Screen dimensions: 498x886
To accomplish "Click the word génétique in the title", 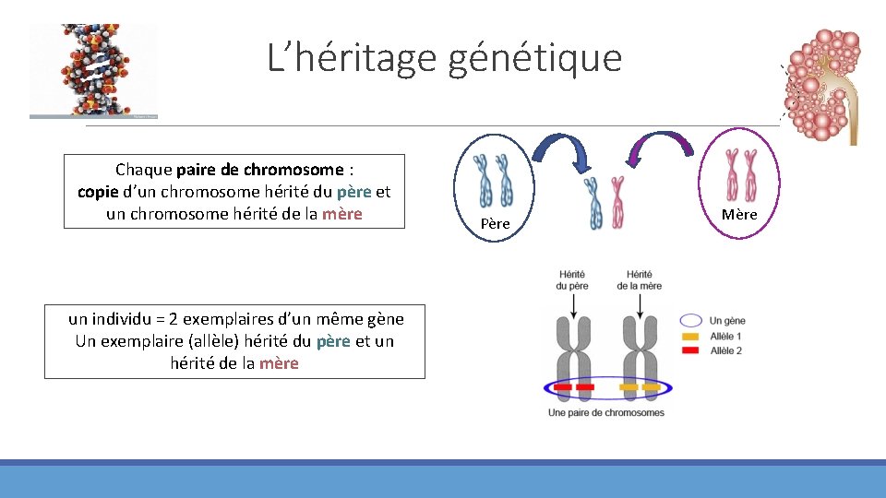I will tap(535, 58).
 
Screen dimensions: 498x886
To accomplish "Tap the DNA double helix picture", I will tap(92, 71).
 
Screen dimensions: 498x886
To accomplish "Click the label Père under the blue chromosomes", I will tap(495, 224).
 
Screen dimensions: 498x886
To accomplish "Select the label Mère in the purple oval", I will tap(739, 215).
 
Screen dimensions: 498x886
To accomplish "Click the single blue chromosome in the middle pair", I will tap(596, 203).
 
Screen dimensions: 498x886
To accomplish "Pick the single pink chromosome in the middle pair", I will tap(617, 203).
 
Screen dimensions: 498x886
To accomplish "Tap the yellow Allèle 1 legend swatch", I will tap(691, 337).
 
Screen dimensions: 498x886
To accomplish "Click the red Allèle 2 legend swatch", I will tap(691, 350).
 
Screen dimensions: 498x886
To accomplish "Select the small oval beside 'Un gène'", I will tap(691, 321).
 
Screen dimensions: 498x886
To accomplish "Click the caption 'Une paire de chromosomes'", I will tap(605, 412).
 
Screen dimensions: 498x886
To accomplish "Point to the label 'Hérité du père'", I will tap(572, 279).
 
